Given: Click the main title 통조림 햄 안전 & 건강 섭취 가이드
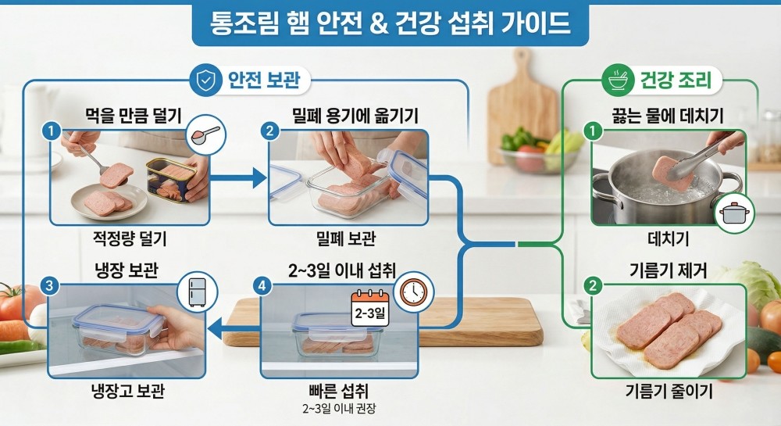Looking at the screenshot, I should point(390,23).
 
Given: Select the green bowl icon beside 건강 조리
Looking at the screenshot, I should point(620,80).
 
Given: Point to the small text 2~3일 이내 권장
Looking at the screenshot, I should point(340,407).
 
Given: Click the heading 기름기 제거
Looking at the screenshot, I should point(668,272).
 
